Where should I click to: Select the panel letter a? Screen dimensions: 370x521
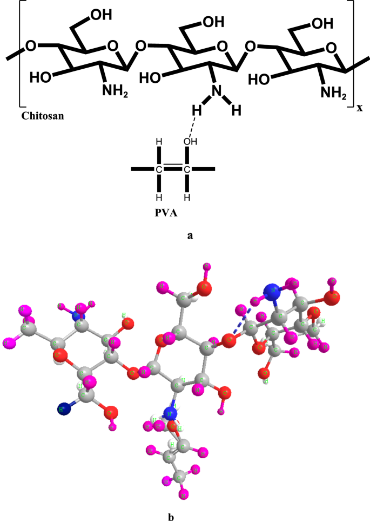pos(190,236)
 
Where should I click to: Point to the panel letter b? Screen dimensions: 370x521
pos(171,516)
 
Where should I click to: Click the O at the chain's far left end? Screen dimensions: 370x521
pos(30,46)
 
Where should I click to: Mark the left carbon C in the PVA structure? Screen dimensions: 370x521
pos(158,169)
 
